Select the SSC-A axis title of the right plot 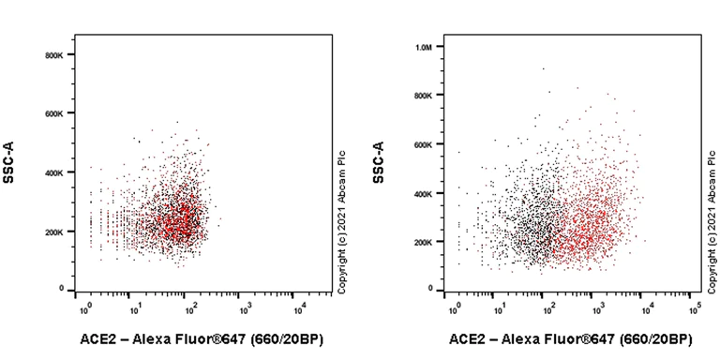point(378,175)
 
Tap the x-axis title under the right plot point(570,338)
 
